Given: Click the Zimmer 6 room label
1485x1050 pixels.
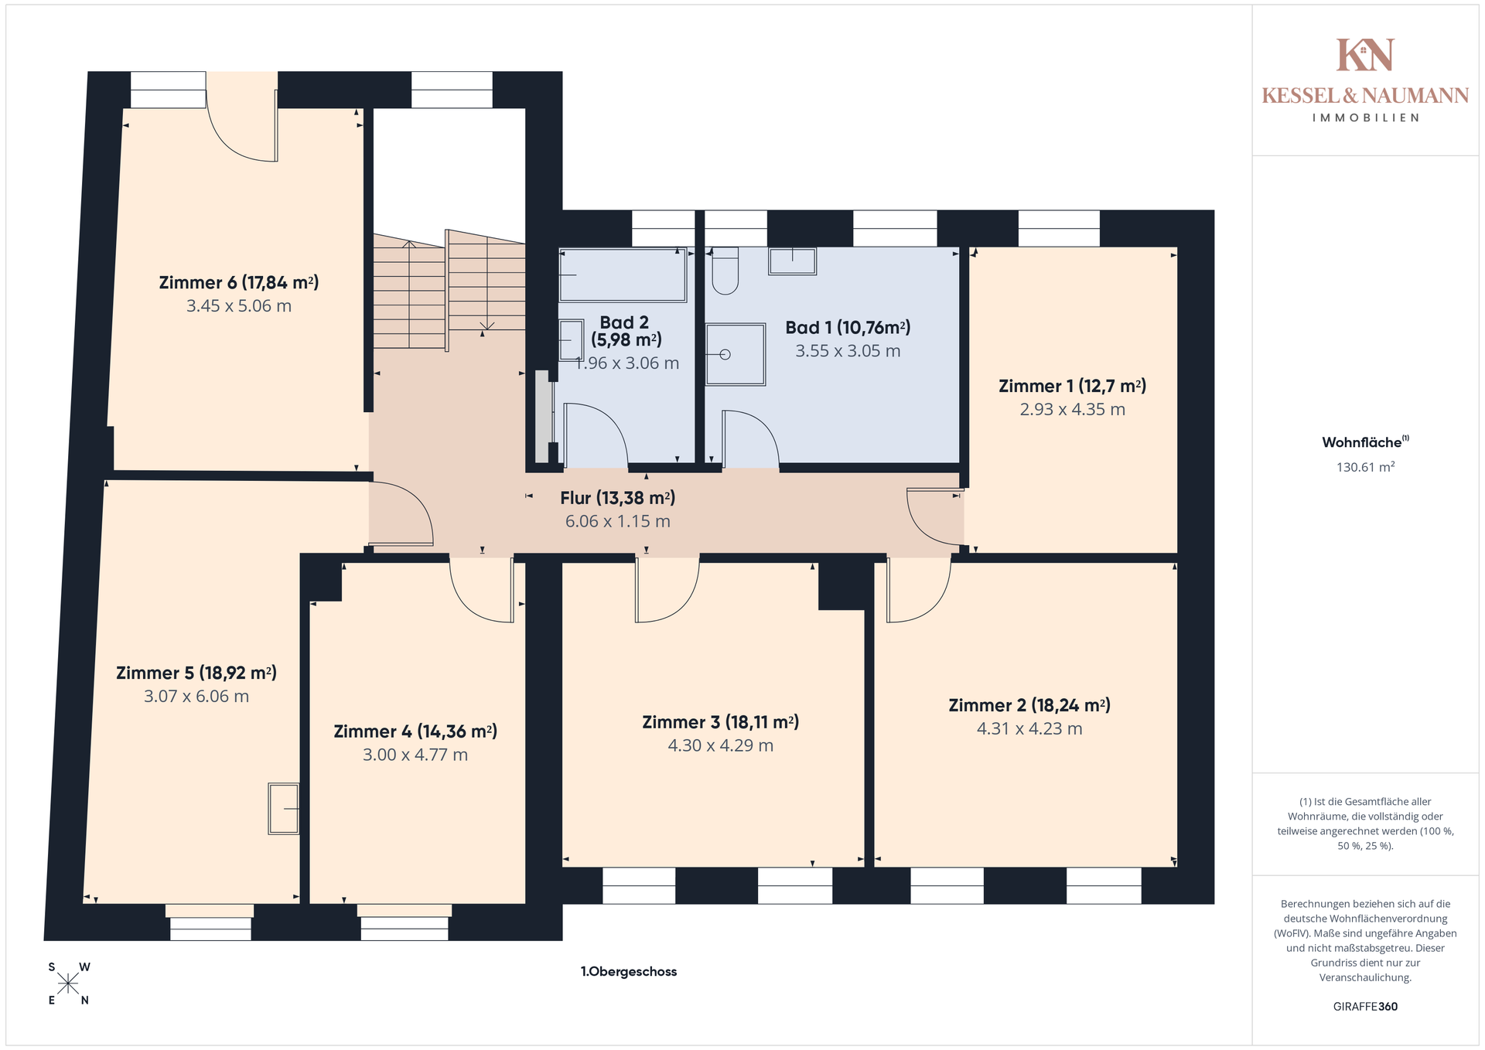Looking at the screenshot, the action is click(239, 283).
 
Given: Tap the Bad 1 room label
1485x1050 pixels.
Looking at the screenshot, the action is click(848, 328).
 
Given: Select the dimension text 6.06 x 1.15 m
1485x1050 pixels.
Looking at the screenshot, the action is click(618, 521).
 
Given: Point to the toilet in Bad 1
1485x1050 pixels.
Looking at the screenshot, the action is click(725, 271).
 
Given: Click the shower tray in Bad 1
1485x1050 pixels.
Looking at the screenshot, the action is click(735, 354).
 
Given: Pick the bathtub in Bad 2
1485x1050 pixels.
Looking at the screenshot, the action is click(623, 274).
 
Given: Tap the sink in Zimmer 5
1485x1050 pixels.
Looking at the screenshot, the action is click(284, 809).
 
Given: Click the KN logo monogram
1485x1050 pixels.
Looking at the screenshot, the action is click(1365, 55).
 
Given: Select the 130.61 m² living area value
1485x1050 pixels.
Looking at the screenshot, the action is click(1366, 467).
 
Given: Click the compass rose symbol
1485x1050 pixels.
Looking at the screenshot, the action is click(68, 984).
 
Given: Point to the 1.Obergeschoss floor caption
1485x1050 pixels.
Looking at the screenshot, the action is click(629, 972).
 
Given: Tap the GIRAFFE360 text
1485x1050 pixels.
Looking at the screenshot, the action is click(1365, 1007).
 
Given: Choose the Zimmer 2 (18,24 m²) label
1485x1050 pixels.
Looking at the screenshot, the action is click(1029, 706).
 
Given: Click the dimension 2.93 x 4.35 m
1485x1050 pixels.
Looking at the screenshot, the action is click(1072, 410).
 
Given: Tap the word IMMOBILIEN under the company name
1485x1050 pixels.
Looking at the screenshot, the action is click(1366, 118).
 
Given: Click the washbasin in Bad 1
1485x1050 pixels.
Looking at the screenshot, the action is click(792, 261).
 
